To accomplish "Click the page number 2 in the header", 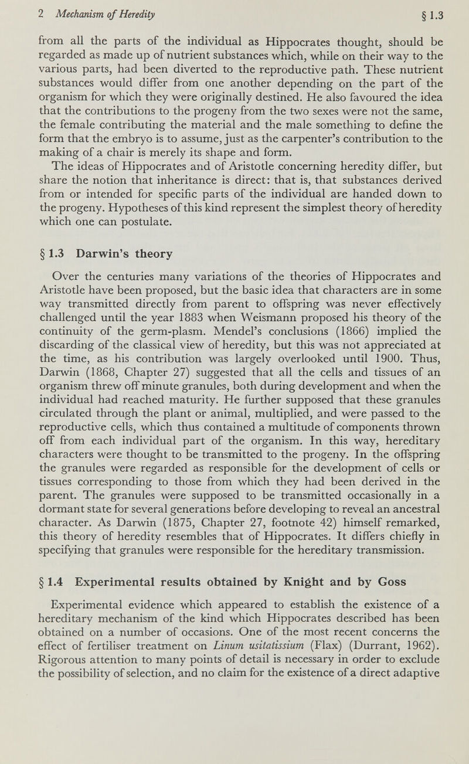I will (x=19, y=9).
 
